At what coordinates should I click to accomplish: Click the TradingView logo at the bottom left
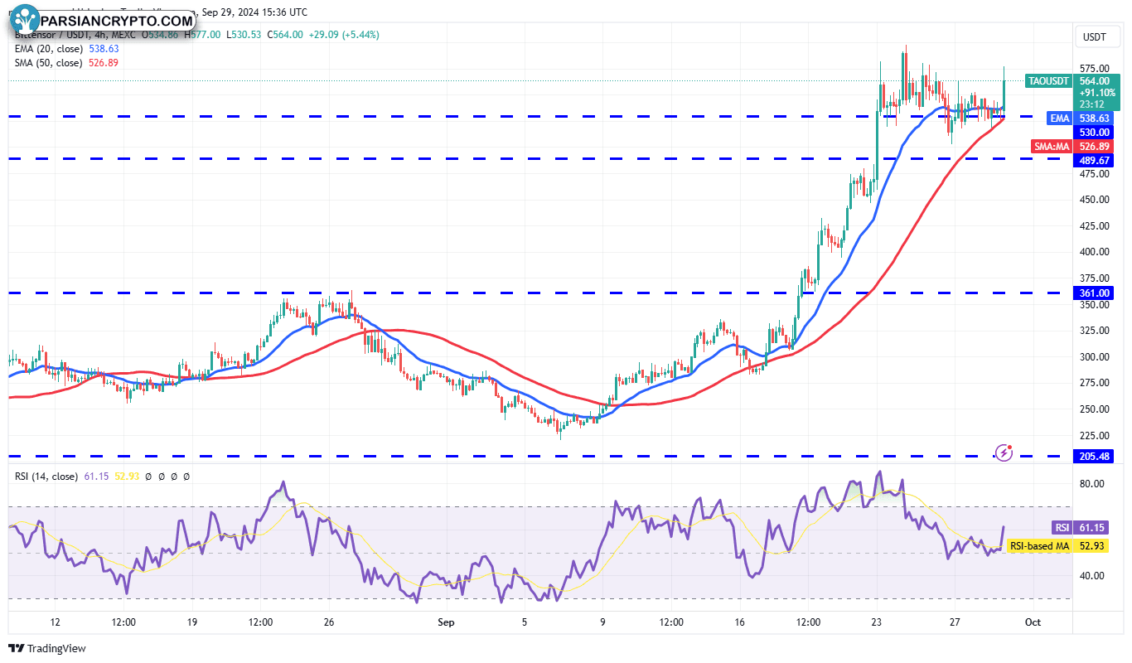click(x=47, y=648)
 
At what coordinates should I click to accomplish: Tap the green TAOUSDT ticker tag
click(x=1048, y=81)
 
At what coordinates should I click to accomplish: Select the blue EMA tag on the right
click(x=1060, y=119)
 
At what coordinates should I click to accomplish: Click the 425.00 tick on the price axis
click(x=1094, y=225)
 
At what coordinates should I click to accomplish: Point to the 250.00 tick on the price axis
click(x=1094, y=409)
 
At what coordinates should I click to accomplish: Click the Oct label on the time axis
click(x=1033, y=622)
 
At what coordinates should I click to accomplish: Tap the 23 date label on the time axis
click(x=876, y=622)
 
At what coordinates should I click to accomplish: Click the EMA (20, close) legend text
click(x=47, y=49)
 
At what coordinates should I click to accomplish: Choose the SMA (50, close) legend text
click(x=47, y=63)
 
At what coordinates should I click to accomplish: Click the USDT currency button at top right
click(x=1095, y=36)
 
